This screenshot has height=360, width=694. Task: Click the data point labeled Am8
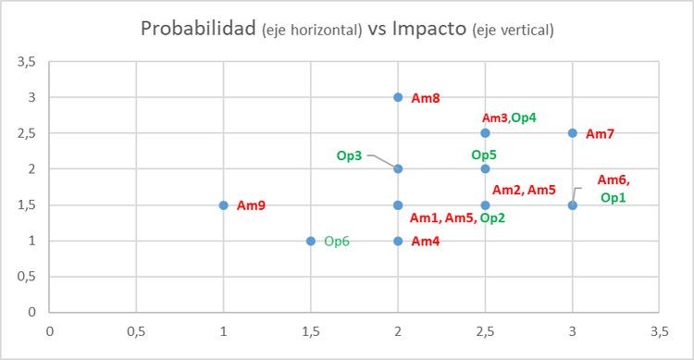pyautogui.click(x=398, y=97)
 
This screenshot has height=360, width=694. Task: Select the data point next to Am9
pyautogui.click(x=223, y=205)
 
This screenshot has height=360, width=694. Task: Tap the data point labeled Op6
pyautogui.click(x=311, y=241)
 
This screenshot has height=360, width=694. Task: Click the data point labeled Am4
pyautogui.click(x=398, y=241)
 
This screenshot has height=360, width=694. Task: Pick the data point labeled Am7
pyautogui.click(x=573, y=133)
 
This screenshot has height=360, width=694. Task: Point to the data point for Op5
pyautogui.click(x=485, y=169)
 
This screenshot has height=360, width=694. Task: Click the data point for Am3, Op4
pyautogui.click(x=485, y=133)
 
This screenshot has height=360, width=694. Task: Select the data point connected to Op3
pyautogui.click(x=398, y=169)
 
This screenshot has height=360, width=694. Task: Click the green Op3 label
pyautogui.click(x=349, y=155)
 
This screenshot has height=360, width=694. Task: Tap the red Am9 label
pyautogui.click(x=251, y=205)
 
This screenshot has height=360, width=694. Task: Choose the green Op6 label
pyautogui.click(x=337, y=241)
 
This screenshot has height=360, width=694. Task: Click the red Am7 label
pyautogui.click(x=600, y=134)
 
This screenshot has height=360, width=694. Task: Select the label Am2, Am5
pyautogui.click(x=524, y=191)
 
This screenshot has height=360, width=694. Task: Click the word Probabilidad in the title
pyautogui.click(x=198, y=29)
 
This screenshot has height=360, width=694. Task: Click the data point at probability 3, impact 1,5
pyautogui.click(x=573, y=205)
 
